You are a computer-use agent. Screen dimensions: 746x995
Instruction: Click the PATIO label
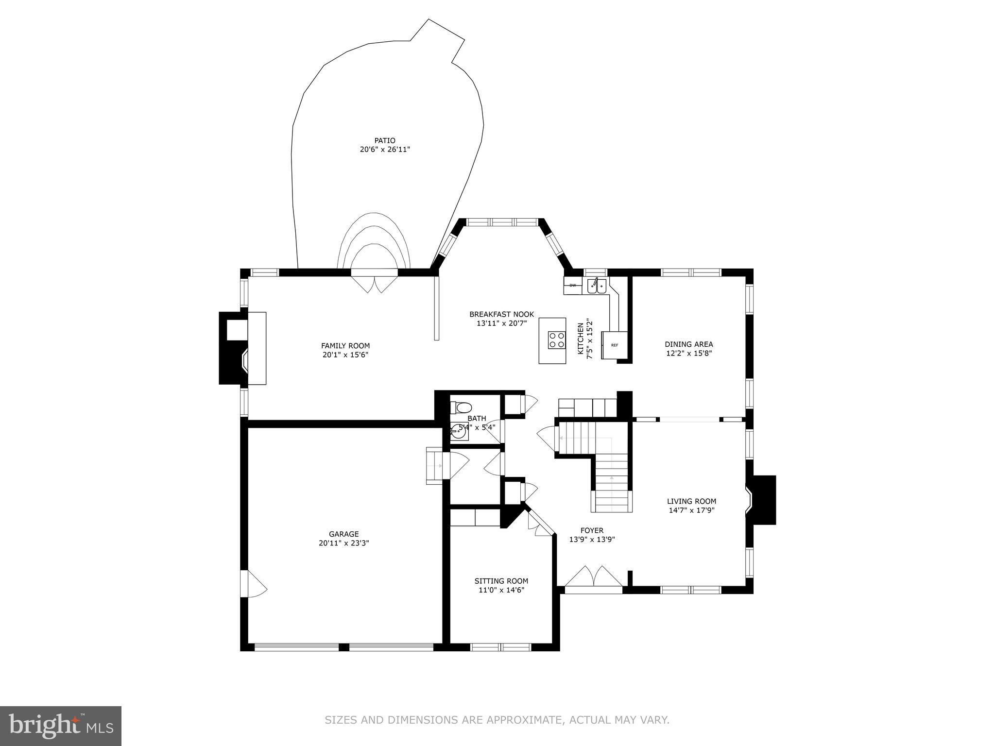coord(385,141)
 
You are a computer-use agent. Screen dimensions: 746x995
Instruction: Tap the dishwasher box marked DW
coord(572,286)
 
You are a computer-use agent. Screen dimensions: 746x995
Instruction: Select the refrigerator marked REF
coord(615,345)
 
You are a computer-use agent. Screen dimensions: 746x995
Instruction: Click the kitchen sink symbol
coord(597,286)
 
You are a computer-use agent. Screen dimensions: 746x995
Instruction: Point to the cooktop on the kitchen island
coord(557,339)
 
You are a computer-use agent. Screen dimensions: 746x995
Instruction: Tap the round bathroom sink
coord(459,430)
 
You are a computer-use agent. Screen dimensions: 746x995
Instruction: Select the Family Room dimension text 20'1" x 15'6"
coord(345,355)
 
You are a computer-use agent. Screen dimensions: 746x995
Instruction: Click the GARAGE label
coord(343,534)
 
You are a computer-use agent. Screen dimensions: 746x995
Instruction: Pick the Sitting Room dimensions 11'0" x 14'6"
coord(501,590)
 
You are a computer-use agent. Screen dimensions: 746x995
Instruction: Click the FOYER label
coord(592,530)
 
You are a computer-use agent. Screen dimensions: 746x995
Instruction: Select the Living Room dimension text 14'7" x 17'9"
coord(691,510)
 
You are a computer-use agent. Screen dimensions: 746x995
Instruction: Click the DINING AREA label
coord(689,344)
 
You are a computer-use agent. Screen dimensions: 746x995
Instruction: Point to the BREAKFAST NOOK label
coord(501,314)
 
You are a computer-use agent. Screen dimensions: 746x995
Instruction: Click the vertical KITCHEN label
coord(580,339)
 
